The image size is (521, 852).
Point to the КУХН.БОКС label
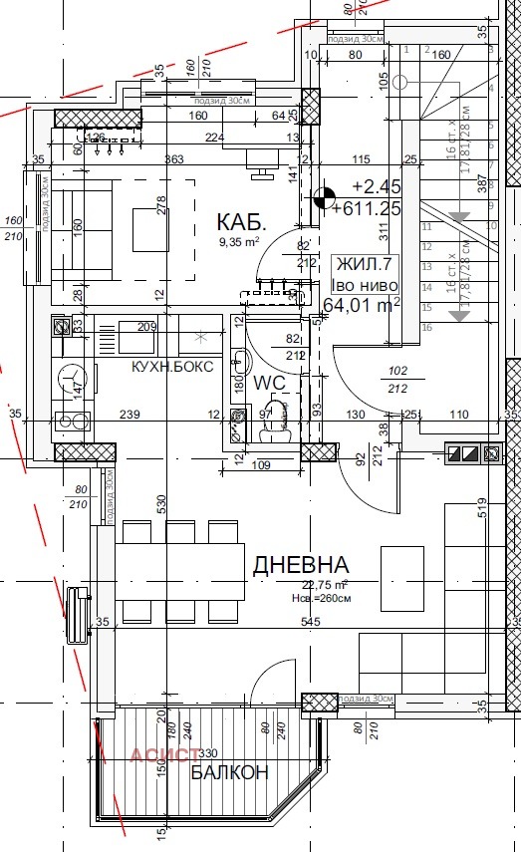pyautogui.click(x=172, y=366)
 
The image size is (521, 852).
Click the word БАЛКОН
pyautogui.click(x=230, y=772)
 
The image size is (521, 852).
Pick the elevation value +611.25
pyautogui.click(x=368, y=208)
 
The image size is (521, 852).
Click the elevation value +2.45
pyautogui.click(x=377, y=185)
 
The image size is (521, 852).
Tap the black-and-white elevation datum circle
pyautogui.click(x=324, y=197)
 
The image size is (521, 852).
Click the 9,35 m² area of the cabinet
pyautogui.click(x=239, y=241)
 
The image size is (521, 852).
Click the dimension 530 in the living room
pyautogui.click(x=160, y=505)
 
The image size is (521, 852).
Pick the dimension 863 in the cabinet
pyautogui.click(x=174, y=159)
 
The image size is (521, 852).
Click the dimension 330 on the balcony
pyautogui.click(x=207, y=754)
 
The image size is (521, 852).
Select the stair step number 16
pyautogui.click(x=425, y=327)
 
